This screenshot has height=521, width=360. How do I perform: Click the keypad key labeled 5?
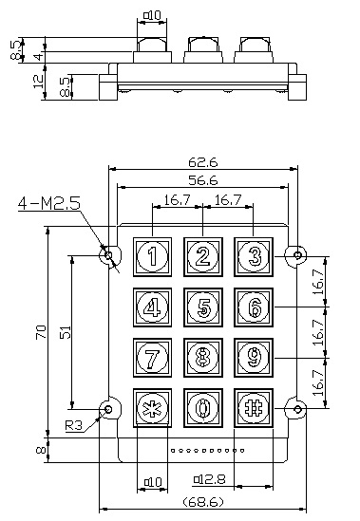click(203, 307)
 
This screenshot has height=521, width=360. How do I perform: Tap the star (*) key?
click(152, 408)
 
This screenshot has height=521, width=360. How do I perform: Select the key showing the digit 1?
click(152, 257)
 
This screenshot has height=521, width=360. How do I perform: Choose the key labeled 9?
click(254, 358)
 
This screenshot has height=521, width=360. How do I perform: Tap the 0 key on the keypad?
click(203, 408)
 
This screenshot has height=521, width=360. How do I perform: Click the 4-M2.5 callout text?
click(49, 203)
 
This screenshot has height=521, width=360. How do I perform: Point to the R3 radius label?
click(73, 425)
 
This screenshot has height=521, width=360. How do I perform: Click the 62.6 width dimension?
click(203, 162)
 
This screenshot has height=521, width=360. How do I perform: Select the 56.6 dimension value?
click(203, 180)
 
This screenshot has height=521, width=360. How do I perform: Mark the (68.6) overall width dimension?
click(203, 502)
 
